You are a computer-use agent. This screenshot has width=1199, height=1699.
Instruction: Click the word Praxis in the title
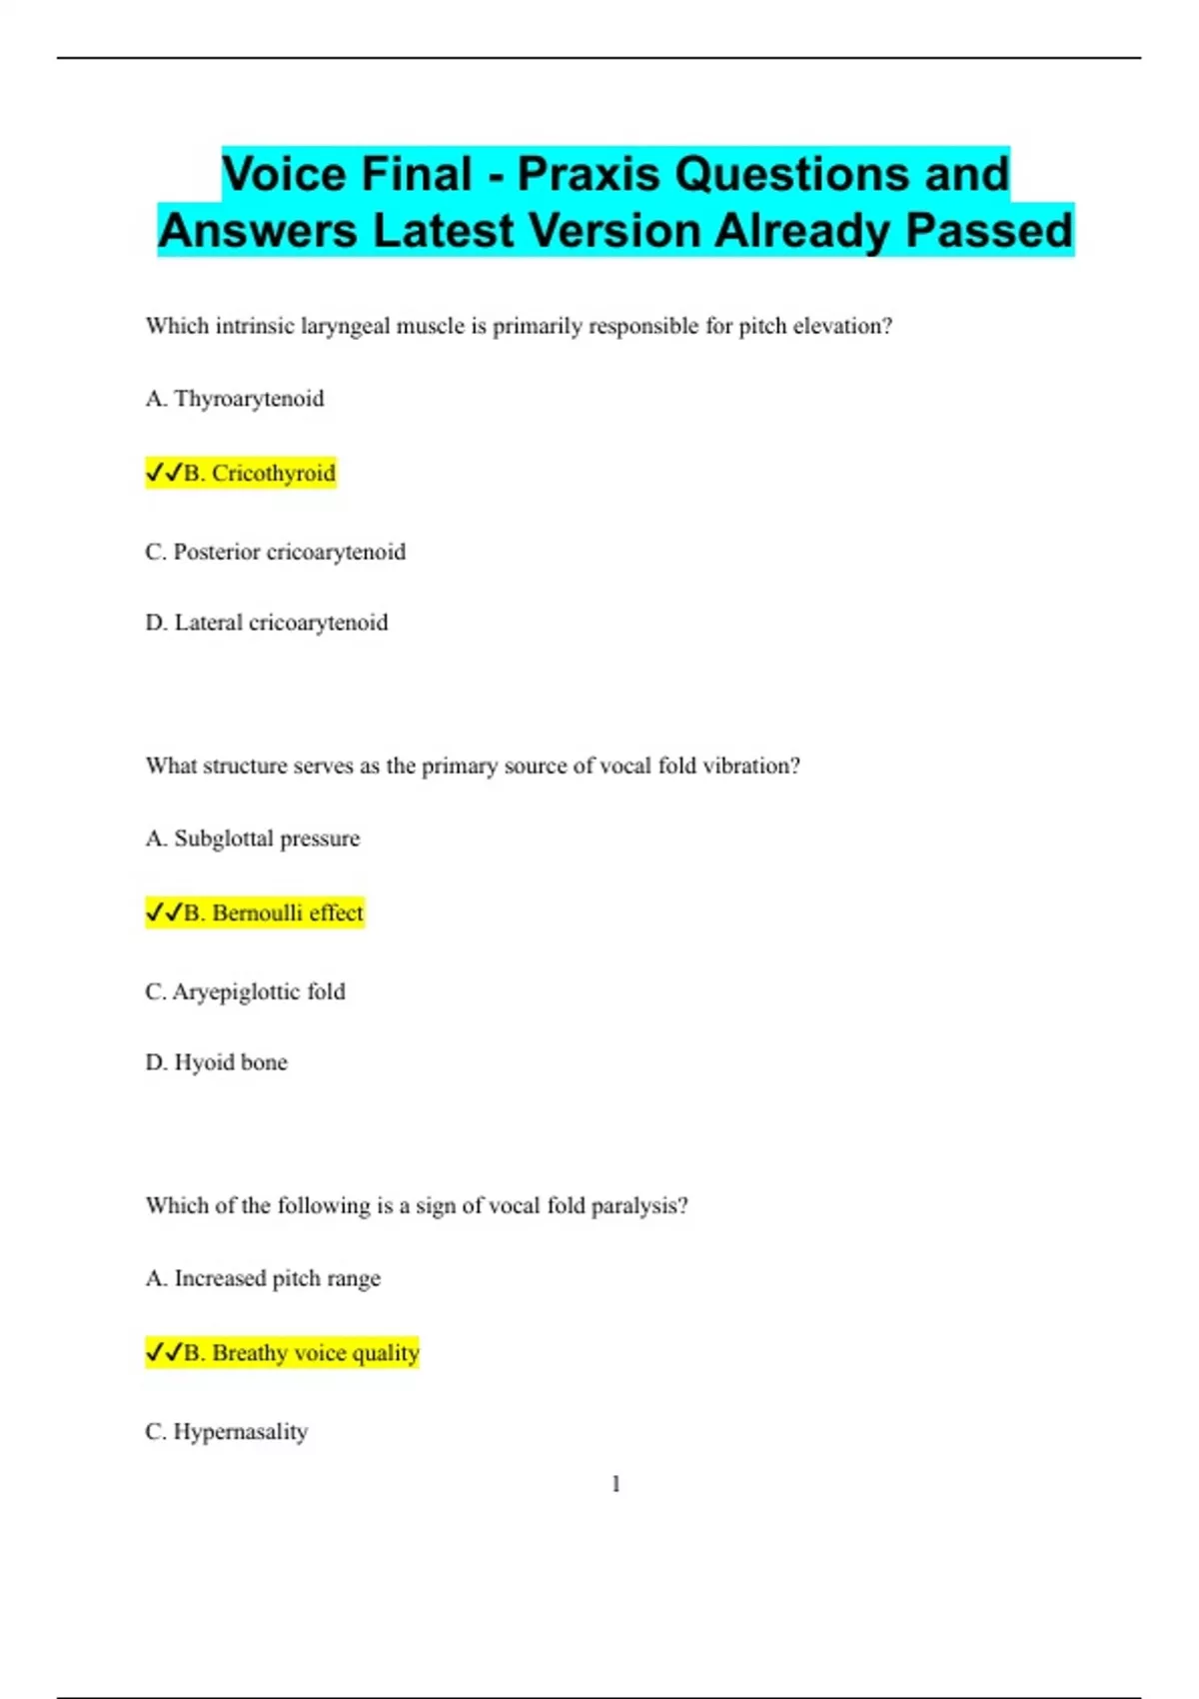[x=589, y=174]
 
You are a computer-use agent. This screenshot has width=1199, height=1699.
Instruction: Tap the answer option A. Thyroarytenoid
[x=235, y=399]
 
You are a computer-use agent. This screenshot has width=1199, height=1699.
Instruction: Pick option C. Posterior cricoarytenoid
[x=275, y=552]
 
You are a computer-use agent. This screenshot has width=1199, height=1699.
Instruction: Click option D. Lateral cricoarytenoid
[x=266, y=623]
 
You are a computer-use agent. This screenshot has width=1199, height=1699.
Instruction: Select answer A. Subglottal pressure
[x=252, y=839]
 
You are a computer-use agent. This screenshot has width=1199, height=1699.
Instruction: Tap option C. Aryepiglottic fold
[x=245, y=991]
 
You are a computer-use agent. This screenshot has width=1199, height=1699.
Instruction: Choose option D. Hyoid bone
[x=216, y=1062]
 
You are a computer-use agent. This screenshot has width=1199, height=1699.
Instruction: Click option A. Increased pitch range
[x=263, y=1278]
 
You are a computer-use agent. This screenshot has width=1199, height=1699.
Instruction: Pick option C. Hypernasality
[x=226, y=1431]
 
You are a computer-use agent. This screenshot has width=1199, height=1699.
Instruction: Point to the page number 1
[x=615, y=1484]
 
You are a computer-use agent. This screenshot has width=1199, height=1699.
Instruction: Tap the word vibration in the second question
[x=751, y=766]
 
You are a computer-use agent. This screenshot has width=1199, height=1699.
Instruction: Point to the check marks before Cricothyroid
[x=164, y=473]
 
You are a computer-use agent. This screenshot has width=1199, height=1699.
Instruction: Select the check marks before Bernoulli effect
[x=164, y=912]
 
